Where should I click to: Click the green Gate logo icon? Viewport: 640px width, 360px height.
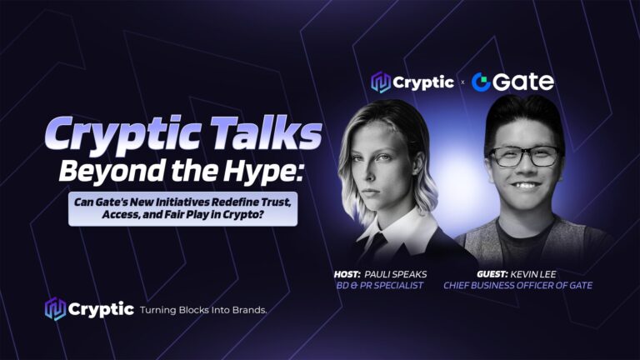(x=481, y=82)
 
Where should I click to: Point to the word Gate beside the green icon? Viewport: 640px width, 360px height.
(x=523, y=82)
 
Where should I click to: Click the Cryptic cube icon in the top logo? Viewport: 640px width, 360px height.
(x=381, y=82)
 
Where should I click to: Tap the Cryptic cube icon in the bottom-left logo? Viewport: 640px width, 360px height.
(x=55, y=309)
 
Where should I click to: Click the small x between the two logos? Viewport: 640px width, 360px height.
(x=462, y=82)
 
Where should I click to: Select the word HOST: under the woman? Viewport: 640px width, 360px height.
(x=347, y=274)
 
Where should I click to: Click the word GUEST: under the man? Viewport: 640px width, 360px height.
(x=492, y=274)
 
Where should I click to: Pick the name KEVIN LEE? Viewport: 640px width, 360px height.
(x=533, y=274)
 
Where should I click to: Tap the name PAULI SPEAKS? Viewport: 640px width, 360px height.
(x=396, y=274)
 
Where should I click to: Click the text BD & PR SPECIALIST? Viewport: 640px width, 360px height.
(x=380, y=285)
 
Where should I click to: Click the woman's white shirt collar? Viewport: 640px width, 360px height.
(x=399, y=228)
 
